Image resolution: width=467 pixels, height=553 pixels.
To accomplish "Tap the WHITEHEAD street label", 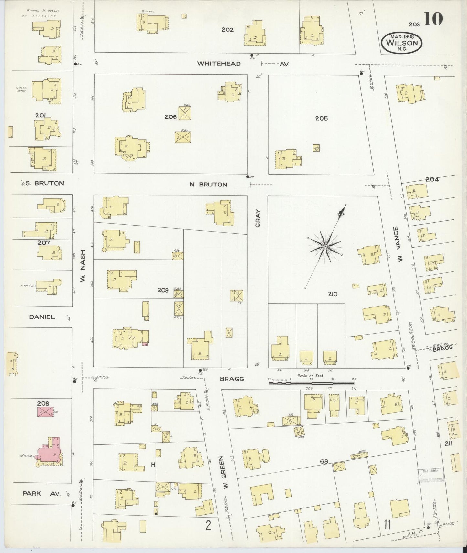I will click(x=219, y=64).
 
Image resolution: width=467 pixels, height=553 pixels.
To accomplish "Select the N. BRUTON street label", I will click(x=208, y=185).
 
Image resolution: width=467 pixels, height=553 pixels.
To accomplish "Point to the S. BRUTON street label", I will click(x=45, y=183).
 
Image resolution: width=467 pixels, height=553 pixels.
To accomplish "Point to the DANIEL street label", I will click(x=42, y=317).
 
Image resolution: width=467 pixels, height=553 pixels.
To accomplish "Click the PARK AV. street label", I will click(x=41, y=494).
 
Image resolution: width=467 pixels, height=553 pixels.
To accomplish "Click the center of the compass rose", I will click(x=325, y=247).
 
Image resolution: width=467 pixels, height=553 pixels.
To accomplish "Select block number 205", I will click(x=321, y=118).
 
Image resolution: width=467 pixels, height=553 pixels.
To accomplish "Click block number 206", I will click(x=170, y=117).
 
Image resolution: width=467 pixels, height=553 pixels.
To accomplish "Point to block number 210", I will click(x=333, y=294).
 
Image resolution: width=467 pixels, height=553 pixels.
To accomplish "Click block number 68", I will click(x=324, y=462).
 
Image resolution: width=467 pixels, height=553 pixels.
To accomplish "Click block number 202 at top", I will click(x=227, y=30).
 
